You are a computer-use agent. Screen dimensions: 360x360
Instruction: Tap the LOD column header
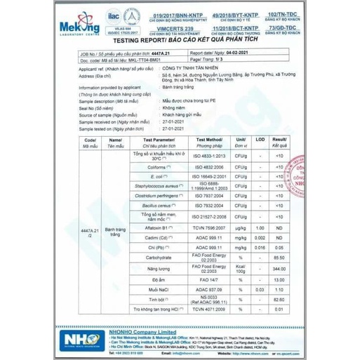[260, 141]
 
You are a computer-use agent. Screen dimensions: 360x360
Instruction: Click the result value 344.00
[280, 269]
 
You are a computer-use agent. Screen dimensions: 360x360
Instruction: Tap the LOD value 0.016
[260, 248]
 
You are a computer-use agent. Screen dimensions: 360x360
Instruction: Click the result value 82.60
[280, 299]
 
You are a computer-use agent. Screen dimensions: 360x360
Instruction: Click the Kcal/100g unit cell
[241, 269]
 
